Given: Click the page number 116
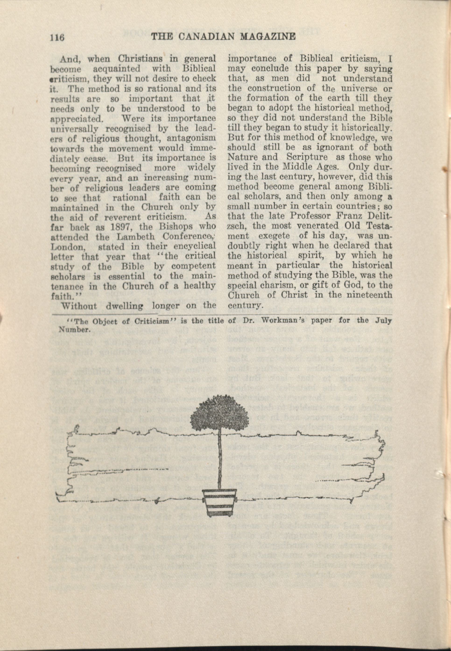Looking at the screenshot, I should point(57,37).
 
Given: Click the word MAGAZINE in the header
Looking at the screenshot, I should point(267,37).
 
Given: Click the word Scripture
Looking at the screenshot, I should point(307,157).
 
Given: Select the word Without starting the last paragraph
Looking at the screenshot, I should point(79,306).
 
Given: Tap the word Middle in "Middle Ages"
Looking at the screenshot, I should point(298,167).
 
